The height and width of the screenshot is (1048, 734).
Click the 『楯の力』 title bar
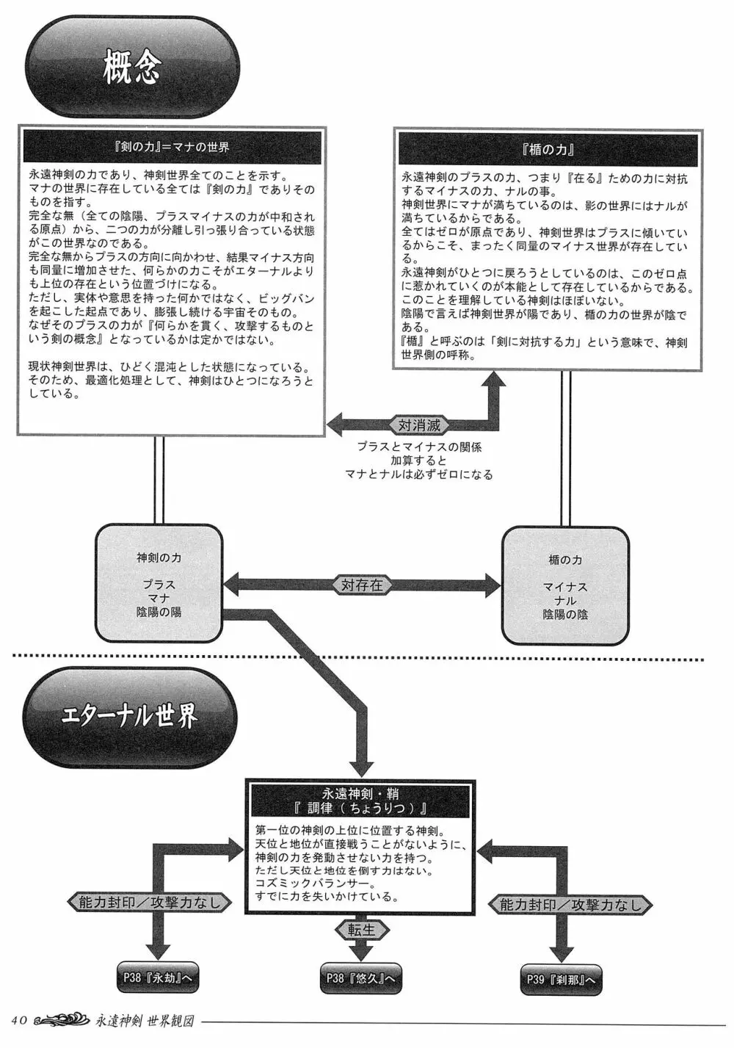click(548, 149)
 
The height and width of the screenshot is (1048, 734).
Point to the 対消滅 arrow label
click(419, 425)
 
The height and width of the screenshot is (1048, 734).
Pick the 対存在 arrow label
click(362, 585)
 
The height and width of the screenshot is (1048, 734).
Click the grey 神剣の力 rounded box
click(159, 584)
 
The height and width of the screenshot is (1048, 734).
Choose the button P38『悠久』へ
click(361, 978)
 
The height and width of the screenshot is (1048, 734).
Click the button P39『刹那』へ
click(561, 979)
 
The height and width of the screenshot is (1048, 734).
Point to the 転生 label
click(361, 929)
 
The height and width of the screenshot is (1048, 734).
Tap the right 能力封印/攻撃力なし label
click(571, 905)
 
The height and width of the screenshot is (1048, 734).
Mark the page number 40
click(20, 1020)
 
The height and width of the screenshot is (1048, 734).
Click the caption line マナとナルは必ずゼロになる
click(418, 474)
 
